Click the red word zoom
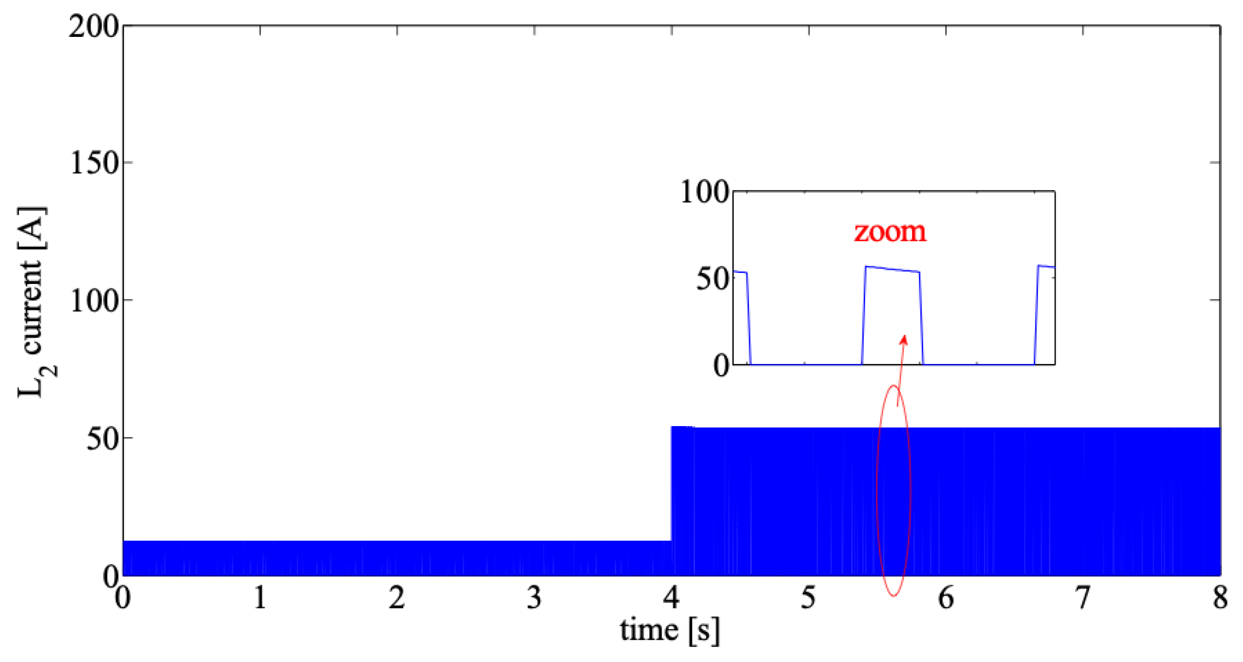pos(890,231)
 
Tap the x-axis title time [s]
pos(669,631)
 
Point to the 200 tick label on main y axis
pos(93,26)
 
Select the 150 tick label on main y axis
pos(93,163)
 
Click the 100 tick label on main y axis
pos(93,301)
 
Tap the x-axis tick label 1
pos(260,598)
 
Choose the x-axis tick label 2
pos(397,598)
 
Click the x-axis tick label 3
pos(535,598)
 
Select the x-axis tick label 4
pos(672,598)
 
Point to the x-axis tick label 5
pos(809,598)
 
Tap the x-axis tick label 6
pos(946,598)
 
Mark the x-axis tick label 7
pos(1083,598)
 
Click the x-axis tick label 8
pos(1220,598)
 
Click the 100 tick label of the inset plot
pos(705,192)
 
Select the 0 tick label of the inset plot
pos(722,366)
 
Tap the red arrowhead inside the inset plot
pos(904,339)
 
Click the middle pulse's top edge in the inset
pos(892,269)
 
